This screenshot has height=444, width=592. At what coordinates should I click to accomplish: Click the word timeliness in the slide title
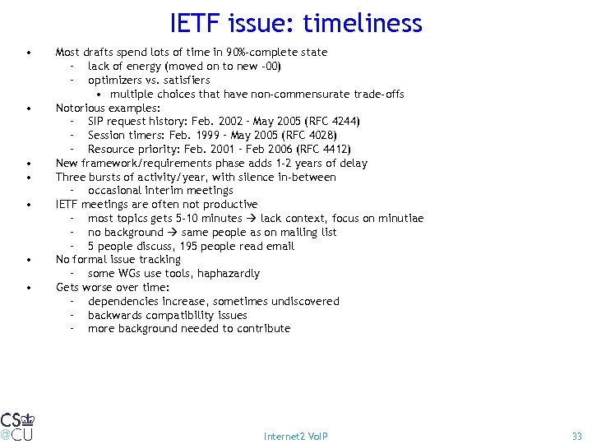(x=362, y=23)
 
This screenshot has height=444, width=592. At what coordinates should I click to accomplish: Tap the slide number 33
(x=576, y=436)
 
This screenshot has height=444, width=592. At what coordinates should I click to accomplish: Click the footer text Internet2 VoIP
(x=295, y=436)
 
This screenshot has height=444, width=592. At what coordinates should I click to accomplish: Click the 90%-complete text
(x=244, y=53)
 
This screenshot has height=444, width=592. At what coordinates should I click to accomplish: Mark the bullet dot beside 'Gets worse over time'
(x=29, y=288)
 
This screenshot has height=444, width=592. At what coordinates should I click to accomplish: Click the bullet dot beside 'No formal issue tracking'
(x=29, y=260)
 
